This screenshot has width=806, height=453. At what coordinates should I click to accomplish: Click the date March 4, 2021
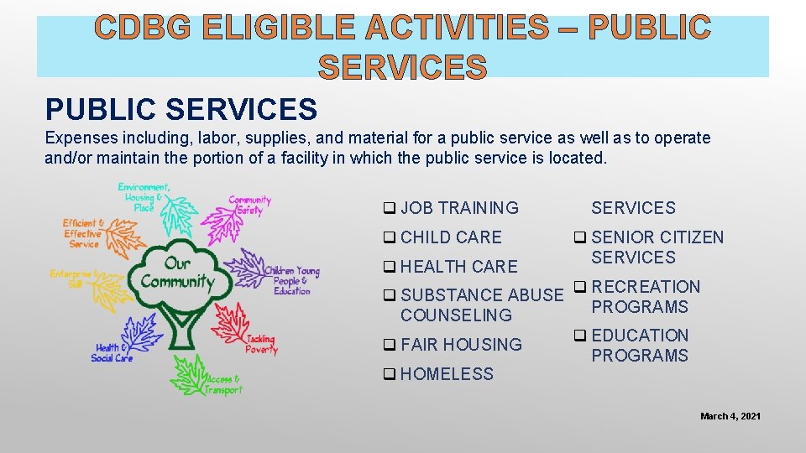(730, 416)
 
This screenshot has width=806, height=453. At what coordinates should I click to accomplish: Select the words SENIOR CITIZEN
(657, 237)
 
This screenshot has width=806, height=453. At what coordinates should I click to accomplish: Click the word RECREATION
(646, 287)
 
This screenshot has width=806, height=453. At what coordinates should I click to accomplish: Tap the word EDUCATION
(640, 336)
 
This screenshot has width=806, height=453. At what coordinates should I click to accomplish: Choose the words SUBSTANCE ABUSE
(482, 295)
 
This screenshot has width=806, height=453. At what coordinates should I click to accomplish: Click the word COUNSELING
(456, 315)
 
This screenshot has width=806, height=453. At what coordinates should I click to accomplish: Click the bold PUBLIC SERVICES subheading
(181, 109)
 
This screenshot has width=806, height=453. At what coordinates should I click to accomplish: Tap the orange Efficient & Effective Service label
(84, 234)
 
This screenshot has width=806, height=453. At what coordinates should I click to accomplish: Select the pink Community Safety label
(250, 206)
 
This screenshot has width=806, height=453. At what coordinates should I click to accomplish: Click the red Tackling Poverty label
(261, 344)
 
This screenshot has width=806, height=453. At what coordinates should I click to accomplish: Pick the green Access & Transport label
(223, 385)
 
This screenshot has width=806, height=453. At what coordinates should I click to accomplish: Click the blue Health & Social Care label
(113, 353)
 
